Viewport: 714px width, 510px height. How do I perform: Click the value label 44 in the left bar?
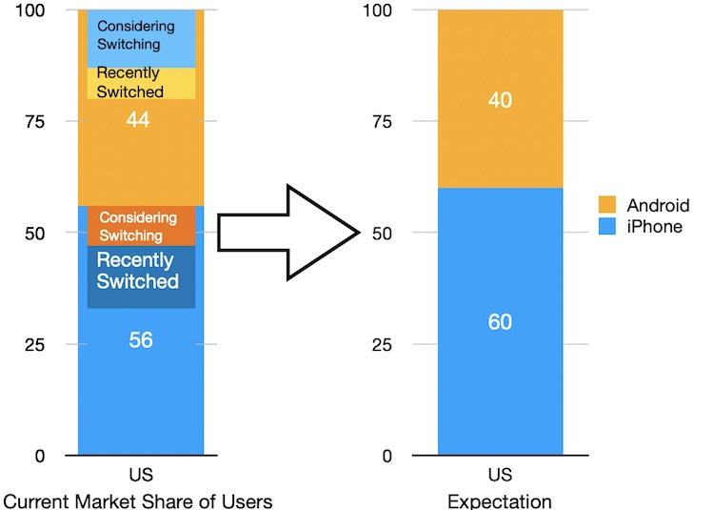140,120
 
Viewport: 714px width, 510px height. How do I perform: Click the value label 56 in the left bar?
140,340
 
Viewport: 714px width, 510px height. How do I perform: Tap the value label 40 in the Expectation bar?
500,100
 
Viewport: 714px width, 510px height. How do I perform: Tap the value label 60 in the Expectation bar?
500,322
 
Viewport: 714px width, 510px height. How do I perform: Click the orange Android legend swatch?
606,205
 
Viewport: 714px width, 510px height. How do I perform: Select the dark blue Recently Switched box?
138,272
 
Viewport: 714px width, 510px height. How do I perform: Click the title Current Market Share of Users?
138,500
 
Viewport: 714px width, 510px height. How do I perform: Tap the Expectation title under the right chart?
500,500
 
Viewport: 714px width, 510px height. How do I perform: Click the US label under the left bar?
140,475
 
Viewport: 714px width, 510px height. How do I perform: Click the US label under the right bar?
500,475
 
